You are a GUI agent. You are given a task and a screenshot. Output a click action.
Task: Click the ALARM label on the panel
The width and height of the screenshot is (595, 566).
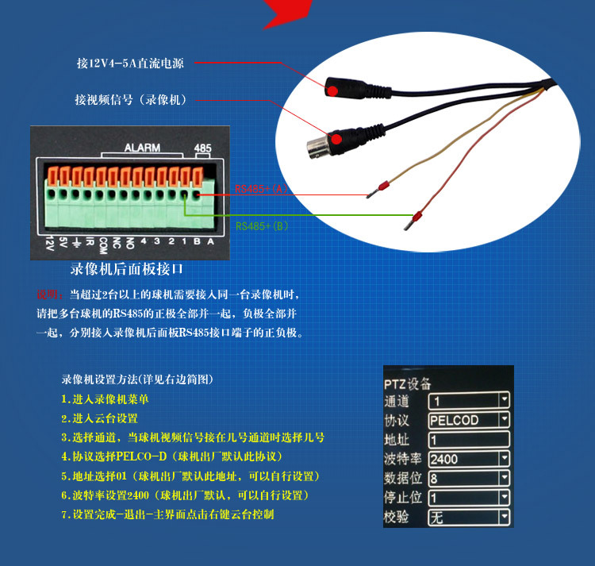coord(142,148)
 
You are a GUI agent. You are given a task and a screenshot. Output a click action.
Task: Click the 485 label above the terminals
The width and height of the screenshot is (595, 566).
coord(202,148)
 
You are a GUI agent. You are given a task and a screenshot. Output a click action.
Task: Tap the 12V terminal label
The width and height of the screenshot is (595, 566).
coord(49,243)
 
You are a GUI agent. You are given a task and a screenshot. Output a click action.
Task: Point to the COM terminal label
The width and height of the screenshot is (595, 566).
coord(102,245)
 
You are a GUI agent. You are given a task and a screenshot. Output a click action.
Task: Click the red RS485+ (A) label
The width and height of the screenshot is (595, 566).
coord(262,189)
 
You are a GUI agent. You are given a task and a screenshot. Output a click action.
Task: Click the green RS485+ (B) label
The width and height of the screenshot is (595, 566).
coord(262,226)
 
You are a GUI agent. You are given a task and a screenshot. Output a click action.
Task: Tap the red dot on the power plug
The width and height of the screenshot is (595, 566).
coord(332,90)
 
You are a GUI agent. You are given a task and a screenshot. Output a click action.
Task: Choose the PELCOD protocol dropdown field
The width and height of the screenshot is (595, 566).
coord(469,420)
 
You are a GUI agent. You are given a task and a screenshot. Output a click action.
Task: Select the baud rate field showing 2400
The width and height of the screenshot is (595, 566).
coord(469,460)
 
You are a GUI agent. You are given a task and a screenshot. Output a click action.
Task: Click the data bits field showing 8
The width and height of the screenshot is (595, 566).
coord(469,479)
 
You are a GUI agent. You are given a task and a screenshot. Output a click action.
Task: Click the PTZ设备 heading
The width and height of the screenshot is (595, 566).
coord(408,383)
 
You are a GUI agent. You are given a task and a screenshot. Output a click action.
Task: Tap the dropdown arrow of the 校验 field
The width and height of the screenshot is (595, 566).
coord(505,517)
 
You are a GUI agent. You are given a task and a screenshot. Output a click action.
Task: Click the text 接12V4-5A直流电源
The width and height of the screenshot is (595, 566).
coord(130,63)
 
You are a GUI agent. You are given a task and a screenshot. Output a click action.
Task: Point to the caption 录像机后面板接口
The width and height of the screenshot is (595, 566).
coord(126,269)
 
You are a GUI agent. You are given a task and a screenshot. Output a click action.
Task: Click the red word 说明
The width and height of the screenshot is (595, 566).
coord(48,295)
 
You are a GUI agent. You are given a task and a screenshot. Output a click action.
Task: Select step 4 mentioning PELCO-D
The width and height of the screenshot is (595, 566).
coord(172,456)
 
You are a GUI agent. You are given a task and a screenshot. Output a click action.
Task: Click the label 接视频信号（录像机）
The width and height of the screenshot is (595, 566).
coord(131,100)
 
